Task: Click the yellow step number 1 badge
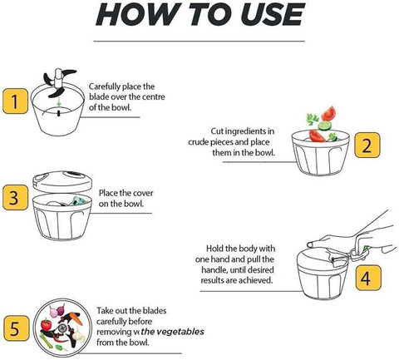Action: pos(15,101)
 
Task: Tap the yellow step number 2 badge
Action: pos(367,145)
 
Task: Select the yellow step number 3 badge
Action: pos(15,197)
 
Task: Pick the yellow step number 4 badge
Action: pos(368,278)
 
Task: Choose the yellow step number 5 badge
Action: pos(17,328)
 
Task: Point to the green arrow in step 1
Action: pos(58,101)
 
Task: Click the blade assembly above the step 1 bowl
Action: pos(59,82)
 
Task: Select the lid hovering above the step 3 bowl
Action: pos(62,181)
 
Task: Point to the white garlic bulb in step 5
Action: pos(77,334)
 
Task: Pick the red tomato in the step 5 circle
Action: pos(47,324)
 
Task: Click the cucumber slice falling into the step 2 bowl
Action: pos(325,126)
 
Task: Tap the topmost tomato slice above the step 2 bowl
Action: pos(329,114)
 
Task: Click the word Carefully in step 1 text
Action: pos(105,86)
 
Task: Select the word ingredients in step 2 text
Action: pos(243,131)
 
